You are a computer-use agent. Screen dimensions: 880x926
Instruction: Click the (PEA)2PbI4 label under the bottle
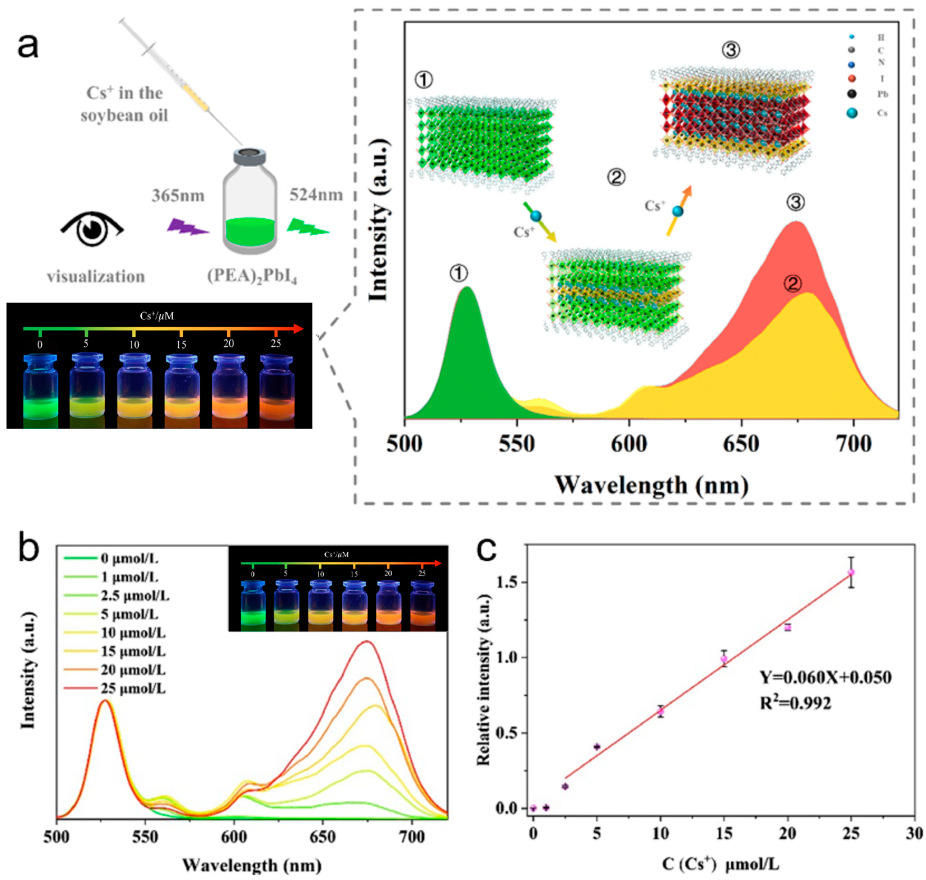(x=252, y=276)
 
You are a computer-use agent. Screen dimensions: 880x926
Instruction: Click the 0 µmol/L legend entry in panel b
(x=129, y=559)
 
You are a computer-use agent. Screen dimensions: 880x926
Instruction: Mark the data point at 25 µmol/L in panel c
(x=851, y=572)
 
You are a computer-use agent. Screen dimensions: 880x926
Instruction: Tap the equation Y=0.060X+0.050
(x=825, y=677)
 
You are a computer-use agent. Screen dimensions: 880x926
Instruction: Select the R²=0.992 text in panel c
(x=795, y=703)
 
